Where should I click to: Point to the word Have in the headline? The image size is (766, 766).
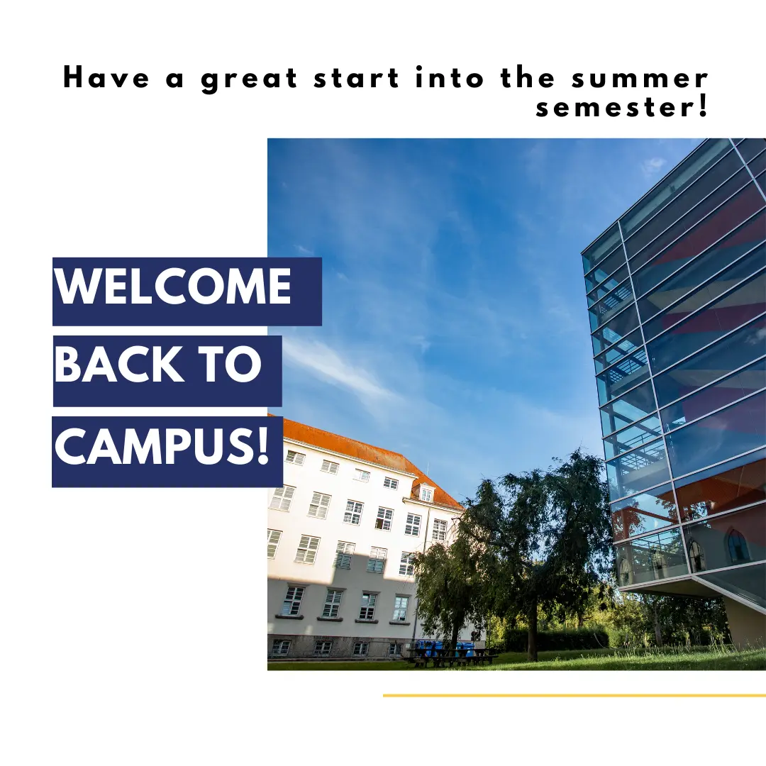[x=106, y=78]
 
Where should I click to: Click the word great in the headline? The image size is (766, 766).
[x=250, y=79]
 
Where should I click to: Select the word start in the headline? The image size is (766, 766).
[x=357, y=79]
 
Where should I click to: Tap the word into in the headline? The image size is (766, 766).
[x=450, y=78]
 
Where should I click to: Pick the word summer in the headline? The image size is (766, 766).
[x=640, y=80]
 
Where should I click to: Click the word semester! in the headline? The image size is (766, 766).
[x=621, y=108]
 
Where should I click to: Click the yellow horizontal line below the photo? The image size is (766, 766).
[x=574, y=695]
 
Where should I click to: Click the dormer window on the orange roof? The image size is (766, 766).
[x=425, y=492]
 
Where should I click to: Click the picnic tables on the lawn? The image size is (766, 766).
[x=452, y=657]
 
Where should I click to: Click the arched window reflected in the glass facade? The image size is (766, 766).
[x=737, y=545]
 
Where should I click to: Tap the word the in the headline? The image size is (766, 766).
[x=528, y=78]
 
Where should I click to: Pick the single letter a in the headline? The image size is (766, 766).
[x=174, y=81]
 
